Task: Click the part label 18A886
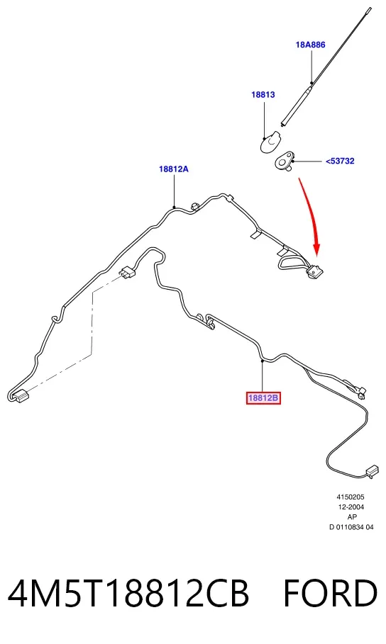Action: click(310, 45)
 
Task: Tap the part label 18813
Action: click(263, 94)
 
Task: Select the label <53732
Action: click(340, 161)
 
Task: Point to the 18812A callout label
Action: click(174, 169)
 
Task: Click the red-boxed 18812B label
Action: click(263, 397)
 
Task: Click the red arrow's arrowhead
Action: click(316, 249)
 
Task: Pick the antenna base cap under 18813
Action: click(270, 141)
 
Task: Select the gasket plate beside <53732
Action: click(284, 160)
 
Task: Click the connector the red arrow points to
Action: click(315, 271)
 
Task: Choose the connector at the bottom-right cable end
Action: click(372, 471)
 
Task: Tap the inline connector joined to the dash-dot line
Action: click(128, 273)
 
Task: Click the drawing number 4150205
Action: click(351, 497)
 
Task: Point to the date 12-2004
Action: click(351, 507)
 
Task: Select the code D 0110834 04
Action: click(351, 527)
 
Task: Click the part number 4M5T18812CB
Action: click(128, 593)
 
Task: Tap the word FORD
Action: click(330, 593)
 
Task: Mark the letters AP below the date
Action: click(352, 516)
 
